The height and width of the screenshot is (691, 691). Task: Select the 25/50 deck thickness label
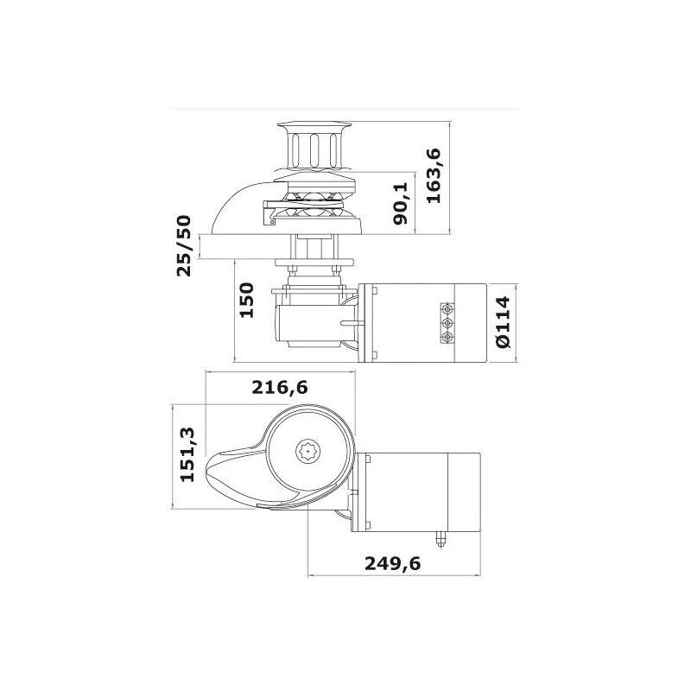(x=184, y=245)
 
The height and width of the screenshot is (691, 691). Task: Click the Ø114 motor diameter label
(x=504, y=323)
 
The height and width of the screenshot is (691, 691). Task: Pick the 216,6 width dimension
(x=279, y=388)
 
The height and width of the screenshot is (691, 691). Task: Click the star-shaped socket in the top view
(x=308, y=451)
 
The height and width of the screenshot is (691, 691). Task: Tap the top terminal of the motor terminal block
(x=447, y=309)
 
